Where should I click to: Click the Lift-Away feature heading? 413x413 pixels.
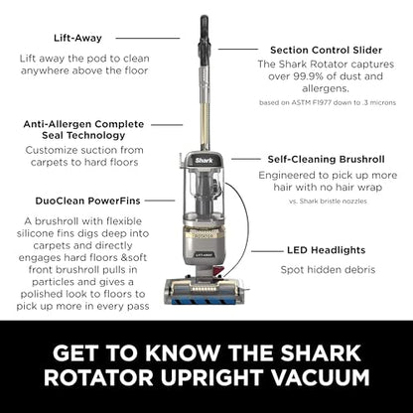[77, 38]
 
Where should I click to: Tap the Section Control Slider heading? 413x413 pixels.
[326, 51]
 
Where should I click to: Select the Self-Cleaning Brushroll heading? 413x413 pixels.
[326, 159]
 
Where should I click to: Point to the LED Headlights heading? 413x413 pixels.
[327, 250]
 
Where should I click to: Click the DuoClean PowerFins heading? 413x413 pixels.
[87, 201]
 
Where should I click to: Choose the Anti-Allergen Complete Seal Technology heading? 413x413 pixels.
[83, 130]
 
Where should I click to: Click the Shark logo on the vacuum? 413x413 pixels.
[204, 161]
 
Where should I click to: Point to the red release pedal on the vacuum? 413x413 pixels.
[217, 271]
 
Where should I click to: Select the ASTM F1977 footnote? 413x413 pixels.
[328, 102]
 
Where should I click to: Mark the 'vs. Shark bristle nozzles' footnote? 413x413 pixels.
[328, 201]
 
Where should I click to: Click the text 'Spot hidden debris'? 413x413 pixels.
[328, 270]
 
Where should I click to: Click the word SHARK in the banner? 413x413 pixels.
[321, 353]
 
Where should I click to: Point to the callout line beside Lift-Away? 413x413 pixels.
[148, 38]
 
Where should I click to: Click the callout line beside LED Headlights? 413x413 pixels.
[267, 251]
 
